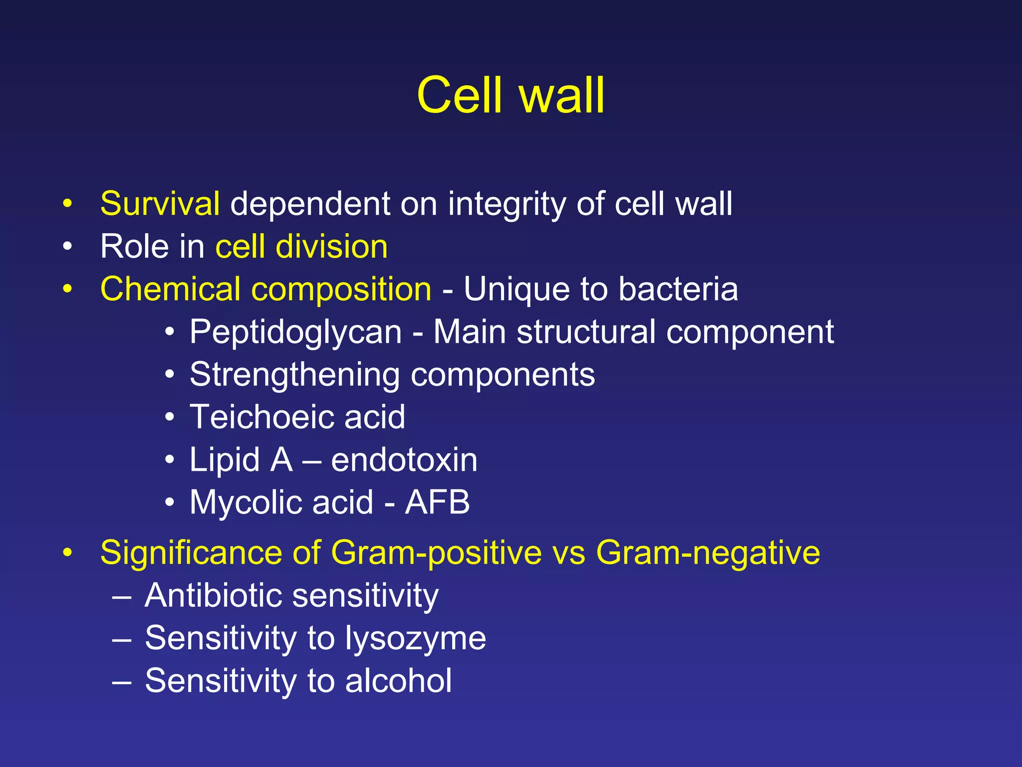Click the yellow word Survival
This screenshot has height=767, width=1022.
pyautogui.click(x=160, y=204)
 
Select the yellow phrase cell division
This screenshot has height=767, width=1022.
pyautogui.click(x=301, y=247)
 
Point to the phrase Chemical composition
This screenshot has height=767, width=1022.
pyautogui.click(x=265, y=290)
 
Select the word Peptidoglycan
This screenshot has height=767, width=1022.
pyautogui.click(x=295, y=333)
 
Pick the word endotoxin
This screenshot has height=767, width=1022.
pyautogui.click(x=404, y=460)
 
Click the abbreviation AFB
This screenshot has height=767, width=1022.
pyautogui.click(x=437, y=502)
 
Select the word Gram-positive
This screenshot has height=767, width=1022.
pyautogui.click(x=436, y=553)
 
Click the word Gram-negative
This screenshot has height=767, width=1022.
pyautogui.click(x=708, y=553)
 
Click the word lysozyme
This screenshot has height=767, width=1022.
pyautogui.click(x=415, y=639)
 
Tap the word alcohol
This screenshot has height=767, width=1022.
pyautogui.click(x=398, y=681)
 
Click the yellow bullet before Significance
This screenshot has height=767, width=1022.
pyautogui.click(x=67, y=553)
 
